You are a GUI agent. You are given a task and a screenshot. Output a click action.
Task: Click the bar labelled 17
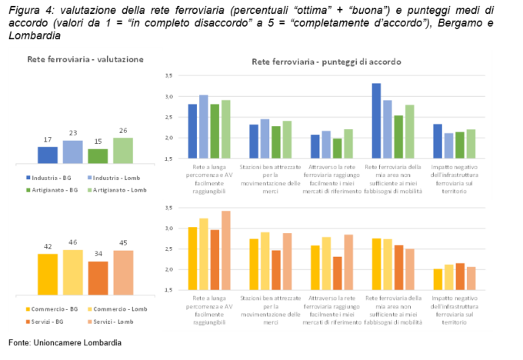point(48,155)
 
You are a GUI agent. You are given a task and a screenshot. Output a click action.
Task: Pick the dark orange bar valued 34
point(98,278)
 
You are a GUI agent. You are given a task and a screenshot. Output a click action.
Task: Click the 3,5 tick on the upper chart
point(168,75)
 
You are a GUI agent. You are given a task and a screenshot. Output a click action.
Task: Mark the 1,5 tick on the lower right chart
point(168,291)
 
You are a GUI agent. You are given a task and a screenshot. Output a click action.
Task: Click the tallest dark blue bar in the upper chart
point(377,121)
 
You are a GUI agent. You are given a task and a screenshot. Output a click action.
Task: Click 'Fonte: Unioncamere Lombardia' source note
point(65,342)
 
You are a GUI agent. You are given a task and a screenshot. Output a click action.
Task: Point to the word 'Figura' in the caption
point(25,8)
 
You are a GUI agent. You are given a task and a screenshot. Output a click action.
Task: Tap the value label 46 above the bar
point(73,244)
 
